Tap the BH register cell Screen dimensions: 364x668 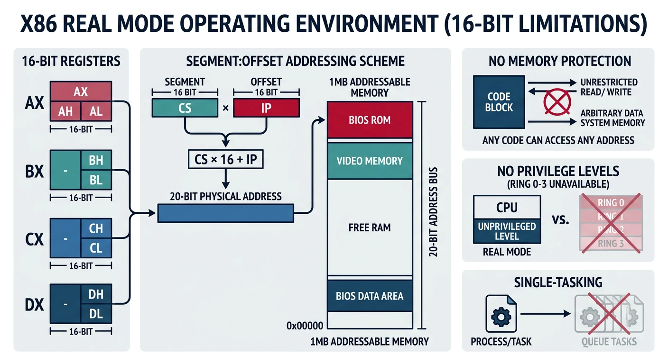96,160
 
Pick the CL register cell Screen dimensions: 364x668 96,247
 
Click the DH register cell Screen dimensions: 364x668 96,294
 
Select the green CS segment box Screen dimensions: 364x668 185,108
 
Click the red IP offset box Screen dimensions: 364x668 266,108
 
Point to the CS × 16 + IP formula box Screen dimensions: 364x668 226,159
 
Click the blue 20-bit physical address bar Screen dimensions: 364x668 225,213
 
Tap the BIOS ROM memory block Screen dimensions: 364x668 370,120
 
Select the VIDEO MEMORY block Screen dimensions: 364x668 370,161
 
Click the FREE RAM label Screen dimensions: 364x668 370,227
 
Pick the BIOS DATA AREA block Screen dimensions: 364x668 370,296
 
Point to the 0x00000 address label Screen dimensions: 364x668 305,326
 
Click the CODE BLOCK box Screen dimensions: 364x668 499,102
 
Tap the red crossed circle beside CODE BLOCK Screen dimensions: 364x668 553,102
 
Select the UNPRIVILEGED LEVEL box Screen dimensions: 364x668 507,231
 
